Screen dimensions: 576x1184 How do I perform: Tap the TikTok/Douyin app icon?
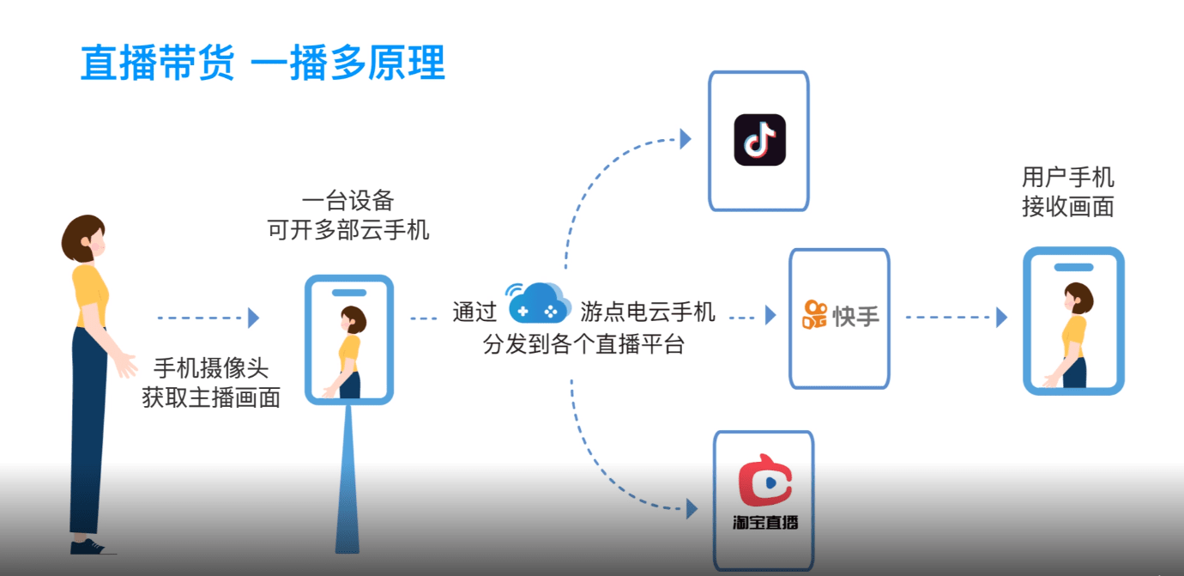coord(759,140)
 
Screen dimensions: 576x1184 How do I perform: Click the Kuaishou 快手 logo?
coord(840,315)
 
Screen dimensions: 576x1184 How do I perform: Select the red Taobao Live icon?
coord(764,483)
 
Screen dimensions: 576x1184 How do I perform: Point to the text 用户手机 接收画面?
coord(1067,192)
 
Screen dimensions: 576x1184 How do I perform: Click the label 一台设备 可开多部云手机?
coord(347,215)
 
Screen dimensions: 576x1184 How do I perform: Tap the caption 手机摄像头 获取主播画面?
coord(211,383)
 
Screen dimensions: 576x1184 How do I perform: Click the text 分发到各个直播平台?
coord(583,344)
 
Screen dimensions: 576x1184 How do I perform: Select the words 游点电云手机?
coord(647,311)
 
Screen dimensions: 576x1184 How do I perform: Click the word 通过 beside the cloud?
coord(474,312)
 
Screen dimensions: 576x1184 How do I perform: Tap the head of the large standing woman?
coord(84,238)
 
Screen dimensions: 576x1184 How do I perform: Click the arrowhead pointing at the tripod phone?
coord(253,318)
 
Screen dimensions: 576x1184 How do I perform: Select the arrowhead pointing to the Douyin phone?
coord(685,138)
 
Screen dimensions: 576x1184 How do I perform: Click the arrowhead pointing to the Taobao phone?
coord(691,509)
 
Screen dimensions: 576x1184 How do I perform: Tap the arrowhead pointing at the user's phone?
coord(1001,318)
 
